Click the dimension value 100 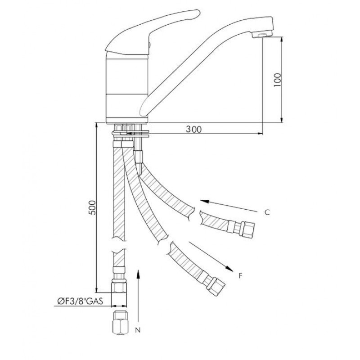coord(277,80)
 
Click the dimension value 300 coord(193,129)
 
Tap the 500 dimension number coord(92,207)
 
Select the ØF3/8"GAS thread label coord(80,301)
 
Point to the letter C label coord(267,212)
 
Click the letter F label coord(240,275)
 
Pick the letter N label coord(138,330)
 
